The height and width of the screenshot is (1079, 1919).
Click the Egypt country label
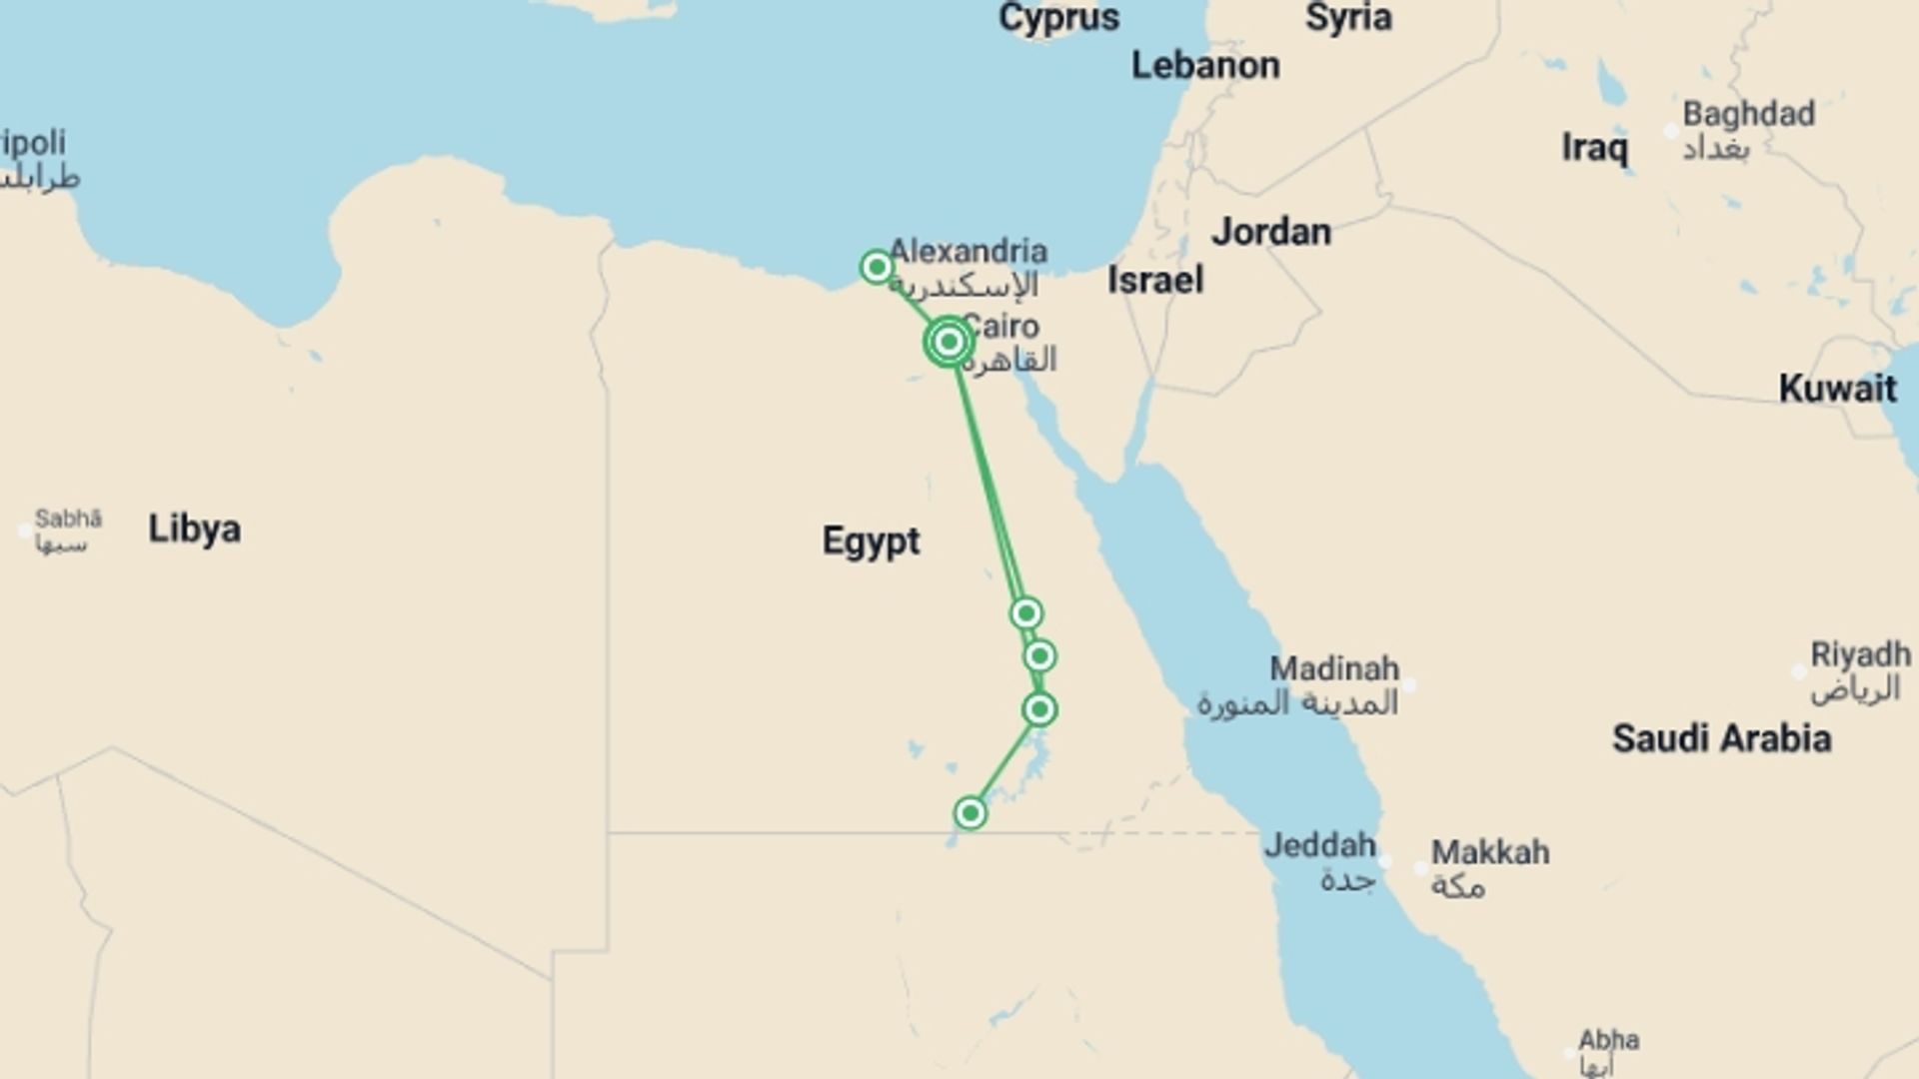pos(871,540)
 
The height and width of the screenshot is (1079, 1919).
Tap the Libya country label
pos(194,529)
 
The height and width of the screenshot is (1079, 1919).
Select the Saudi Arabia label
pos(1721,738)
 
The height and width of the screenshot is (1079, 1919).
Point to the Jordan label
pos(1271,232)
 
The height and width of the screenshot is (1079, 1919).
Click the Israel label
pos(1154,280)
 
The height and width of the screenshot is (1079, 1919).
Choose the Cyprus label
pos(1058,17)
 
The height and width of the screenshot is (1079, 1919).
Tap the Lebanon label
pos(1205,66)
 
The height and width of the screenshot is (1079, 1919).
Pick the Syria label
pos(1348,17)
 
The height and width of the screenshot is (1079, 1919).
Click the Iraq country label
pos(1594,148)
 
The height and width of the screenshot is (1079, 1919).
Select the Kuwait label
pos(1837,388)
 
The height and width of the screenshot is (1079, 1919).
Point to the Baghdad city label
pos(1748,114)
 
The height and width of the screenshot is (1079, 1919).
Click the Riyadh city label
pos(1860,655)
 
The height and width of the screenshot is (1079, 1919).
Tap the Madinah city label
pos(1334,668)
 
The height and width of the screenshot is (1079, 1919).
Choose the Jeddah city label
pos(1319,846)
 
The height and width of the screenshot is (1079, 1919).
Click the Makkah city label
pos(1489,852)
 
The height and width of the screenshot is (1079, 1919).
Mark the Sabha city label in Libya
pos(68,519)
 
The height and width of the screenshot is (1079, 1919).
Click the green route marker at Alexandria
pos(877,267)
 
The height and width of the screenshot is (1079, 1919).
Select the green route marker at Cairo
pos(948,343)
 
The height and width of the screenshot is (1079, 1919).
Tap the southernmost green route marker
pos(969,813)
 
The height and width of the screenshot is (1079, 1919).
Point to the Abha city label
pos(1608,1041)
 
